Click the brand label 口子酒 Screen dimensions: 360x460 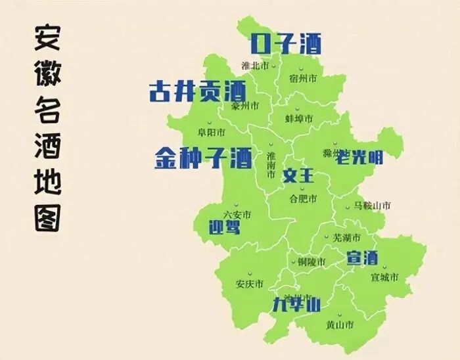click(x=286, y=44)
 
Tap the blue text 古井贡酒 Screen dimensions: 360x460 click(x=197, y=91)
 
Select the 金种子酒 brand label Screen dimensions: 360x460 click(x=203, y=158)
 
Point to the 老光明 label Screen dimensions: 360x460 click(x=359, y=156)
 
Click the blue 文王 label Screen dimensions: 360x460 click(x=299, y=176)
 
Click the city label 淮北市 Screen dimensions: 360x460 click(x=255, y=66)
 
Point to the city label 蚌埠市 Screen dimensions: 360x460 click(x=299, y=118)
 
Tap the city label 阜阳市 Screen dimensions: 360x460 click(x=212, y=132)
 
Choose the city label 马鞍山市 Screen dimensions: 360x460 click(x=372, y=206)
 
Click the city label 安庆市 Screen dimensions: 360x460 click(x=249, y=284)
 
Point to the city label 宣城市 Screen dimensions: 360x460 click(x=384, y=277)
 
